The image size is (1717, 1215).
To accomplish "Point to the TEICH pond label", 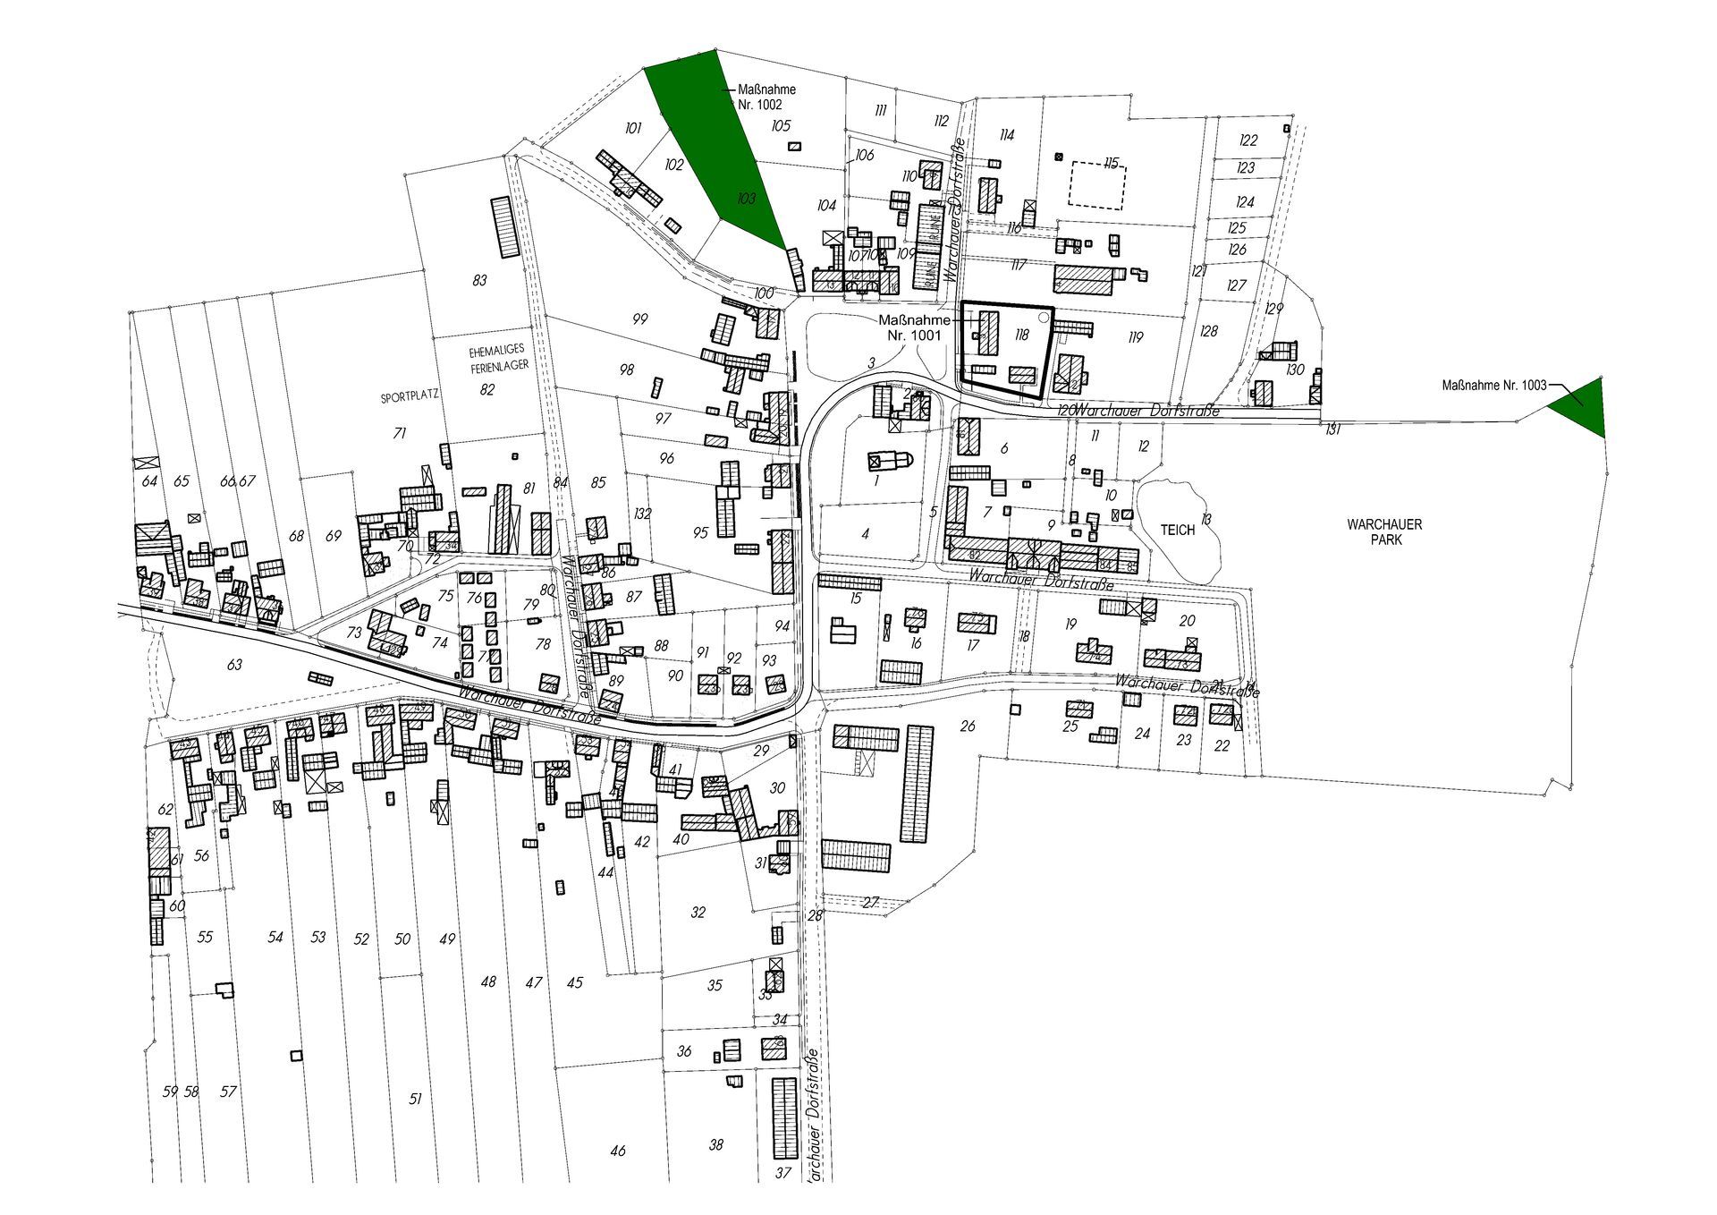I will click(x=1177, y=530).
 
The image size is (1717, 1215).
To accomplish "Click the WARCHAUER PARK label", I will click(x=1384, y=531).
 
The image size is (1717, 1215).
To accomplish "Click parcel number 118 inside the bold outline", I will click(x=1021, y=335).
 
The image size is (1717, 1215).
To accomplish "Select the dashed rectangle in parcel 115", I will click(x=1097, y=185).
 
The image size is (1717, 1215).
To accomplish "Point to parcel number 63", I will click(x=234, y=665).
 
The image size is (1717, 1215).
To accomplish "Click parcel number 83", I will click(x=479, y=280).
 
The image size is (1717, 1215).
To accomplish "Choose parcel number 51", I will click(x=415, y=1099).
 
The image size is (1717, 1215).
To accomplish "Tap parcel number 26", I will click(x=968, y=726).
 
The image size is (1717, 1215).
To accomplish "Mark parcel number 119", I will click(x=1136, y=337).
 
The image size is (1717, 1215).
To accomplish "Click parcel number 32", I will click(x=698, y=913).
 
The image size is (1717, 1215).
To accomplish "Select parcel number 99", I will click(x=639, y=319).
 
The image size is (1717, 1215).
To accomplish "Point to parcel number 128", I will click(x=1209, y=331).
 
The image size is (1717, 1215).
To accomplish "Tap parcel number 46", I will click(x=618, y=1151).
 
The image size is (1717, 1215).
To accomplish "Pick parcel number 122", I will click(x=1248, y=140).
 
